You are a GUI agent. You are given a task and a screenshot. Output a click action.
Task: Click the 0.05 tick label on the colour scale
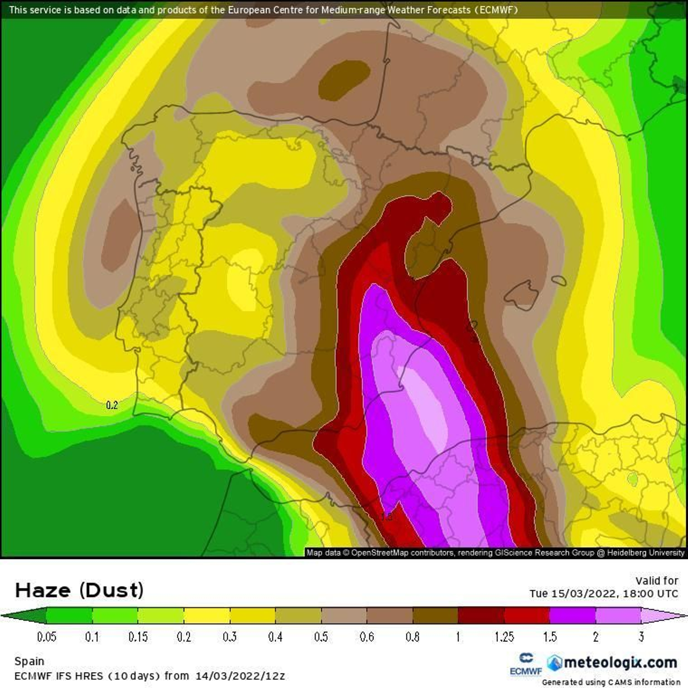tap(46, 637)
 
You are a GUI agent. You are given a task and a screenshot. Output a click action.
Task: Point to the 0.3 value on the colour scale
tap(230, 637)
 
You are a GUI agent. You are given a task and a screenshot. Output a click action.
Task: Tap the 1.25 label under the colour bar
tap(504, 637)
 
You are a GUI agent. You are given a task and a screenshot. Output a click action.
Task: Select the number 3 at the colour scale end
tap(641, 637)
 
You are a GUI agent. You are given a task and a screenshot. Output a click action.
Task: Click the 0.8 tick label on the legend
tap(412, 637)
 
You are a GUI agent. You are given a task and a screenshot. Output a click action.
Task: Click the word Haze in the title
tap(43, 590)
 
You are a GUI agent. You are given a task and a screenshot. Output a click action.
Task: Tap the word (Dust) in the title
tap(111, 590)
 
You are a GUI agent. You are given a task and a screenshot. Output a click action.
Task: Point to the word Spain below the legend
tap(29, 661)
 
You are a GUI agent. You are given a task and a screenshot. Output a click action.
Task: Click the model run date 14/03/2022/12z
tap(240, 676)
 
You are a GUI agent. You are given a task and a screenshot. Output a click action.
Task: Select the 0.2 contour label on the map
tap(112, 405)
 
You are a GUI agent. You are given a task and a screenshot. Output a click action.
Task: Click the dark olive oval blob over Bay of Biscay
tap(344, 80)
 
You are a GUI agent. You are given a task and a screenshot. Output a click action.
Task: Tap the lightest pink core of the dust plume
tap(428, 404)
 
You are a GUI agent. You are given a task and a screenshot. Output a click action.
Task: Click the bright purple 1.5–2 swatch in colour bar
tap(572, 615)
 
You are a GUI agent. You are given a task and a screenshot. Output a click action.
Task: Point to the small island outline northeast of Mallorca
tap(559, 281)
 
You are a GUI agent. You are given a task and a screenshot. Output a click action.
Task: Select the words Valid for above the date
tap(657, 581)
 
